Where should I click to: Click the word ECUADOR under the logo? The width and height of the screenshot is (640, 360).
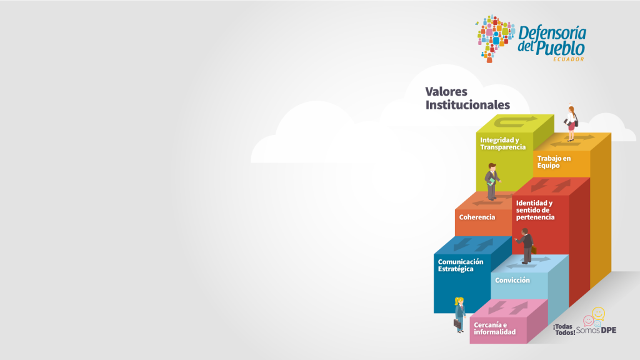[569, 59]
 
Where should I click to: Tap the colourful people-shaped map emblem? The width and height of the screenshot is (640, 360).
[495, 38]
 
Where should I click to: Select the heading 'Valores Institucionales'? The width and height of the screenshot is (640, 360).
[467, 98]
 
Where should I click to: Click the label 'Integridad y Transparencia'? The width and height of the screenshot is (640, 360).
[503, 144]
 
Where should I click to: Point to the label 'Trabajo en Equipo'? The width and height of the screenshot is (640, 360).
[554, 162]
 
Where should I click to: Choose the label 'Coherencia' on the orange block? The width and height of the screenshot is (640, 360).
[477, 217]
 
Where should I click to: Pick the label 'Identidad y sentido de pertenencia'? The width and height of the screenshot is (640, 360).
[535, 210]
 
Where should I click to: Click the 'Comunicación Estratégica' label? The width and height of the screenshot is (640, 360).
[461, 265]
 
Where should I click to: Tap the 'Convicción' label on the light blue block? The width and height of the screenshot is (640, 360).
[512, 281]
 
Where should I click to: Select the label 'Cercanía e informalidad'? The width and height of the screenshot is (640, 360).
[495, 329]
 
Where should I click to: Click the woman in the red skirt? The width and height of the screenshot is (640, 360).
[571, 123]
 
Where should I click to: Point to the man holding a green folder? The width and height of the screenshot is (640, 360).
[492, 182]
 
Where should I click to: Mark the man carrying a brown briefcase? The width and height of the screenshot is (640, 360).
[526, 246]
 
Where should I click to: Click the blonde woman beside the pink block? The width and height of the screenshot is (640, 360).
[459, 315]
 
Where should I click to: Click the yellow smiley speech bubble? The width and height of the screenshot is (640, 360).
[598, 314]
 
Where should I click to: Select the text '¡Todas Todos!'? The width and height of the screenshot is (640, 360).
[564, 330]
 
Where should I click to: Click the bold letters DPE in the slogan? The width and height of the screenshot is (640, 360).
[609, 330]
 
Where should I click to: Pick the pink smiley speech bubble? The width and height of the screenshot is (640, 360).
[588, 321]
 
